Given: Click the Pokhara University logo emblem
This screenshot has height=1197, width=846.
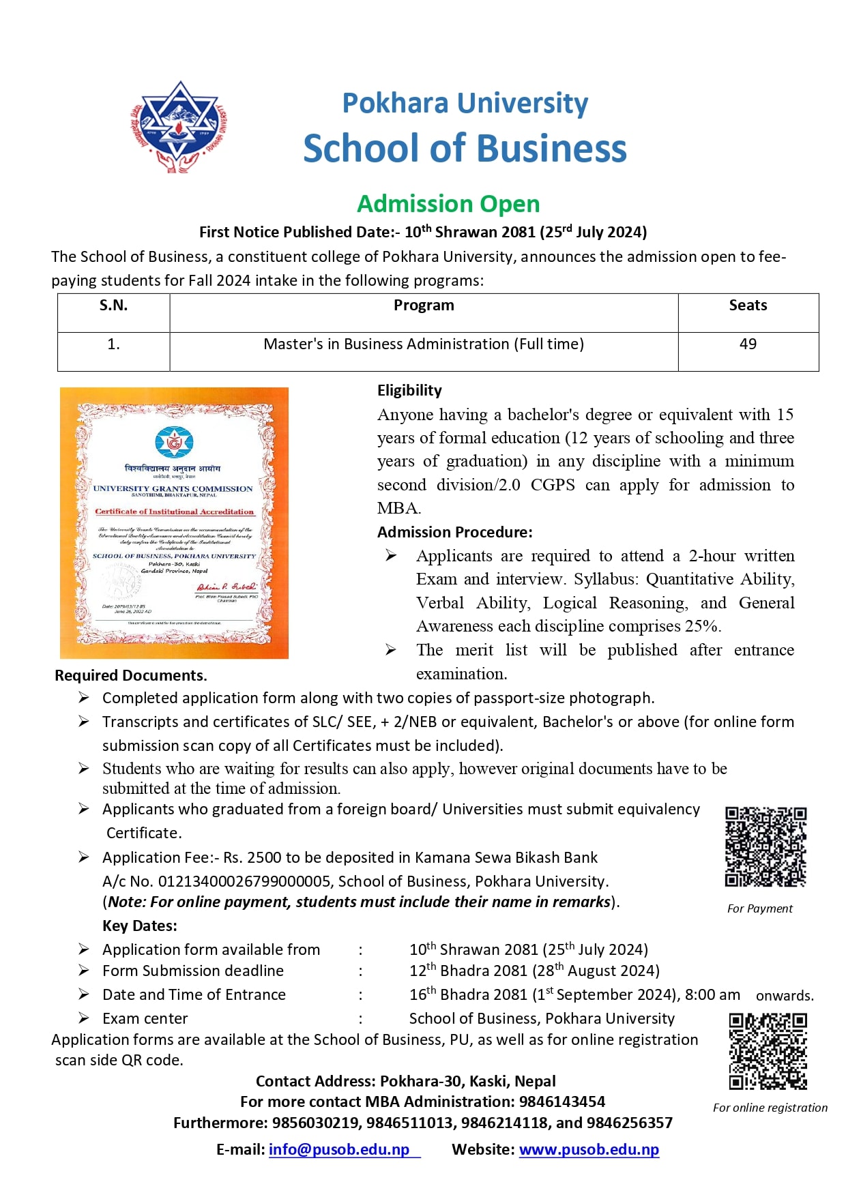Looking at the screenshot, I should coord(179,127).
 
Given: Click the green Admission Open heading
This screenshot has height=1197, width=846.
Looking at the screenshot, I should coord(448,204).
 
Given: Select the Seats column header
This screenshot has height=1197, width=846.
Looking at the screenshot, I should coord(748,306).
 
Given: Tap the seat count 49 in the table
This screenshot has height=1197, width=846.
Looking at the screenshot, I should coord(748,344).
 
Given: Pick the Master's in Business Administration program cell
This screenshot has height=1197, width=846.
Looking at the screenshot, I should coord(424,344).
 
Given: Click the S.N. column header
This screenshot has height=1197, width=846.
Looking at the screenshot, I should coord(113,306).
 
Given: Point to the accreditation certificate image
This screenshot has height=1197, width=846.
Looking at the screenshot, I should coord(174,523).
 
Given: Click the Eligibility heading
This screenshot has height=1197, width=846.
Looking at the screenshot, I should coord(409,391).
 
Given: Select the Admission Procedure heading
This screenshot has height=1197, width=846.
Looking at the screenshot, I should coord(454,532).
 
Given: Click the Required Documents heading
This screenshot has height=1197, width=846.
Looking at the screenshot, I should coord(130,675).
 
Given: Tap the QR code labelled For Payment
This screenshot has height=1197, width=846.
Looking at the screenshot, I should coord(765,846).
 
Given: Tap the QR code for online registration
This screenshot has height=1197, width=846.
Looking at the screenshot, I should coord(768,1051).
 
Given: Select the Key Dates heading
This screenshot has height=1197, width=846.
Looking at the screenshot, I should coord(140,926).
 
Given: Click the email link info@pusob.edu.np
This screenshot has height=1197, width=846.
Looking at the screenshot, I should coord(339,1149).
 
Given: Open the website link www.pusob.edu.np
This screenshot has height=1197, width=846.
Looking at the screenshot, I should coord(589,1149).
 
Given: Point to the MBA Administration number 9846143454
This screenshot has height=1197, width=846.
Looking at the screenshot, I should coord(562,1102).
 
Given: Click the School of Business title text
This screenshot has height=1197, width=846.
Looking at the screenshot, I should coord(465,149).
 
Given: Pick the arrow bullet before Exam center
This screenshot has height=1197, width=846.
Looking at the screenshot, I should coord(83,1018).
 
